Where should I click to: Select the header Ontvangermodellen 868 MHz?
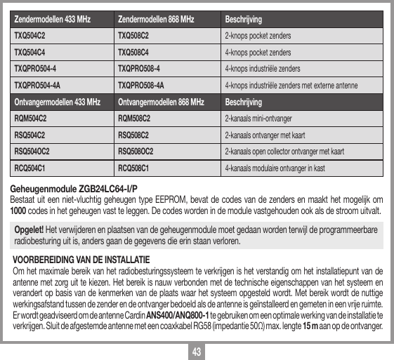tap(161, 102)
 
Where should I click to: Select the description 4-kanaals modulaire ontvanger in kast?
tap(275, 168)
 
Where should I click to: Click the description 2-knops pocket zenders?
tap(258, 35)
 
